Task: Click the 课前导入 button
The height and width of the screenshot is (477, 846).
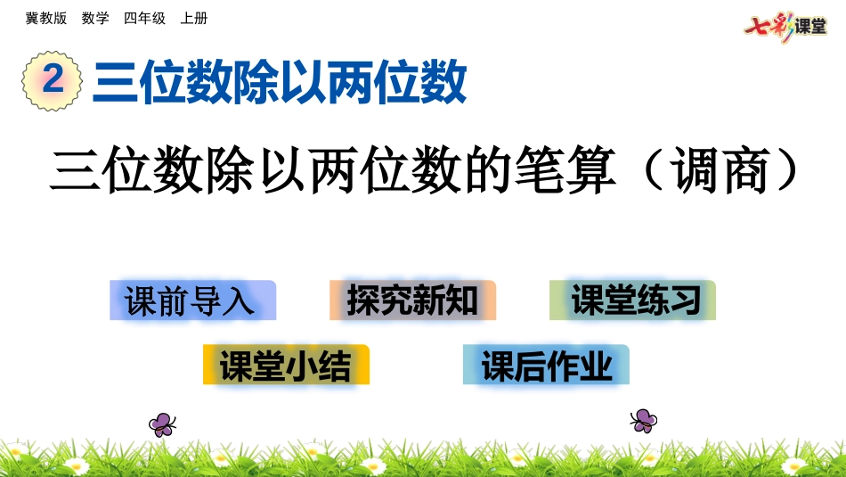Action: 192,300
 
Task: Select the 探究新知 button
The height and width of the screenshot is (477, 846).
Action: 412,300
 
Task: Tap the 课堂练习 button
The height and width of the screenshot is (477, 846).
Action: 632,300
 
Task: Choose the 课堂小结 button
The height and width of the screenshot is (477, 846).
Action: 286,365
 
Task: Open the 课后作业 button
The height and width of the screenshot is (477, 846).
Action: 546,365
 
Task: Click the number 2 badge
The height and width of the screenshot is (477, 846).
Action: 53,81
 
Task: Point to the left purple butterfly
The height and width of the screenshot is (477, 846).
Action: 162,424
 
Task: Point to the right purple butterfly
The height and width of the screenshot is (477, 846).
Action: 643,420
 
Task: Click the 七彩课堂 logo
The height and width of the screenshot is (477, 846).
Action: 785,25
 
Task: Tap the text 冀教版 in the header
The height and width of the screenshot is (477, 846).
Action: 46,19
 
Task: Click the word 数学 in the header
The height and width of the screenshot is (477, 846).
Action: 95,19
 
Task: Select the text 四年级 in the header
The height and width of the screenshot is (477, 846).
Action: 144,19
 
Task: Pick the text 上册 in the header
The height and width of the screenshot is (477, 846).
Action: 193,19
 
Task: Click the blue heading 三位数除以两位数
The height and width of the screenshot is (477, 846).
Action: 280,83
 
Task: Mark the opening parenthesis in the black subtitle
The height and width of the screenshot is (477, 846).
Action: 656,170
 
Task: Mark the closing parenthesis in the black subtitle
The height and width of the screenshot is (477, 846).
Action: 781,170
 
